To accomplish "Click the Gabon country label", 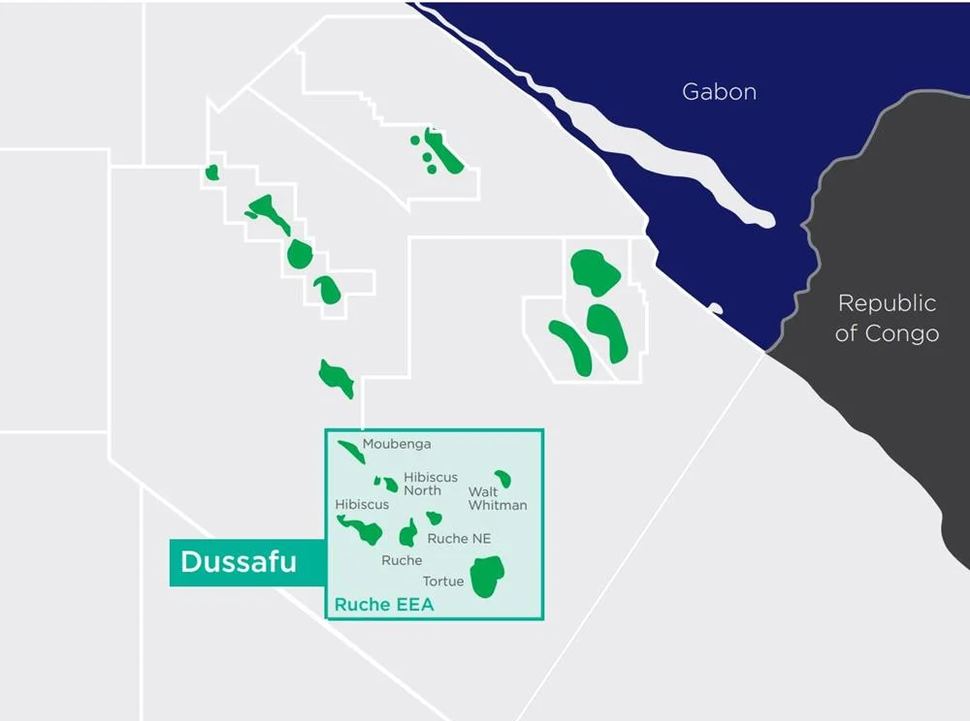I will (719, 92).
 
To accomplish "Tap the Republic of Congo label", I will (887, 318).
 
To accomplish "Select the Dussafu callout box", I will (240, 562).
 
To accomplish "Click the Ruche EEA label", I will (383, 605).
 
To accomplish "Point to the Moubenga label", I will (397, 445).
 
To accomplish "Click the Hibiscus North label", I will (430, 484).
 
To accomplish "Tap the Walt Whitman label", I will (497, 498).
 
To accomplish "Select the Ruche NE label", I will (459, 539).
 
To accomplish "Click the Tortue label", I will (442, 581).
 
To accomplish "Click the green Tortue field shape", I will (486, 577).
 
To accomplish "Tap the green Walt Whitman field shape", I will (502, 478).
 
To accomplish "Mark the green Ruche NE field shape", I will (434, 518).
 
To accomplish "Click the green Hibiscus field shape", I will (364, 530).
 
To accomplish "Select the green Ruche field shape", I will (408, 534).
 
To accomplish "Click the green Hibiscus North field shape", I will (388, 483).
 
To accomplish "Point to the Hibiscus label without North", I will (362, 504).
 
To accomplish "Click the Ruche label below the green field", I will (402, 560).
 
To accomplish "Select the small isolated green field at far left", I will (212, 172).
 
